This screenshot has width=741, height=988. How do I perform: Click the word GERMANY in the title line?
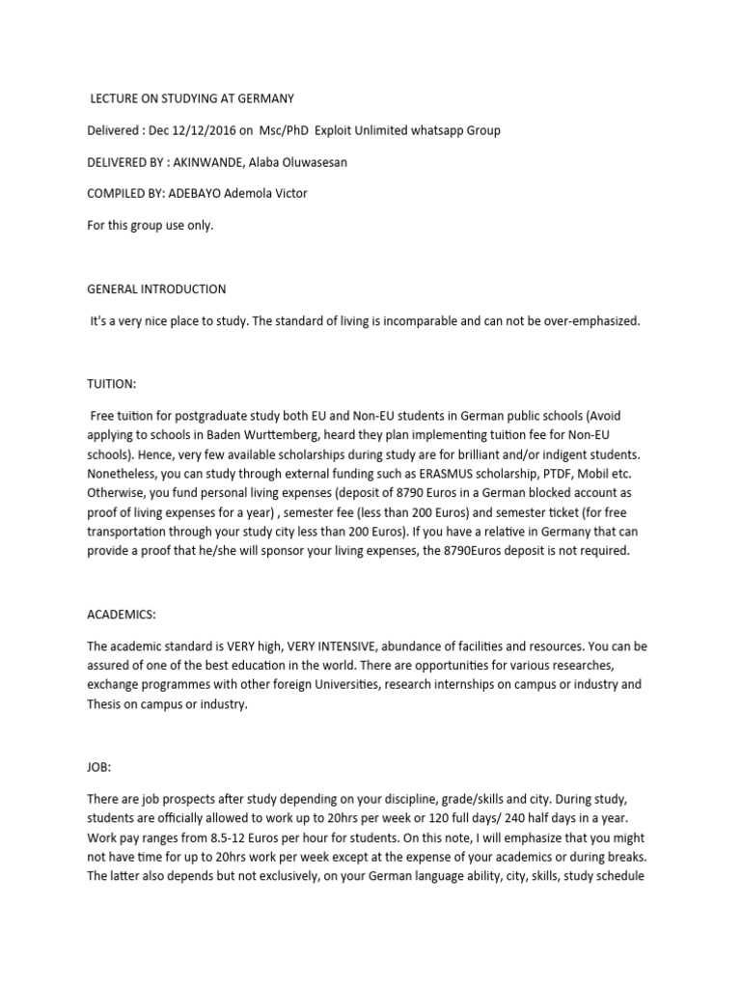pos(266,98)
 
